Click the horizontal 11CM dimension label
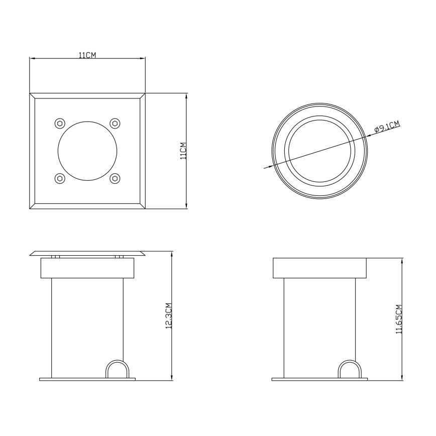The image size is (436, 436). point(87,55)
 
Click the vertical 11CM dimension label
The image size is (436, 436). point(183,151)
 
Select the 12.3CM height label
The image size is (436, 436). point(169,316)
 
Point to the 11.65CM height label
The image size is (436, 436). point(399,319)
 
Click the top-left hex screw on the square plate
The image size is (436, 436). point(60,123)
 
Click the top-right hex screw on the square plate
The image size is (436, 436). point(115,123)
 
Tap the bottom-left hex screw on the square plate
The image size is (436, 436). point(60,178)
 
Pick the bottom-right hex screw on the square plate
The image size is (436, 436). point(115,178)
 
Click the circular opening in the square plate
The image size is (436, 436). point(87,151)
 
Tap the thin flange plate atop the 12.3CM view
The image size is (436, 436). point(87,253)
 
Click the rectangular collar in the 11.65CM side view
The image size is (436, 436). point(320,268)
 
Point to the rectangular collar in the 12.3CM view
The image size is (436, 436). point(87,268)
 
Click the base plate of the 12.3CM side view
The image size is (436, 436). point(87,379)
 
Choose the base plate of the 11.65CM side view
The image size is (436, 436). point(320,379)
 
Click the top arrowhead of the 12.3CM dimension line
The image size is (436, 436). point(172,255)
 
